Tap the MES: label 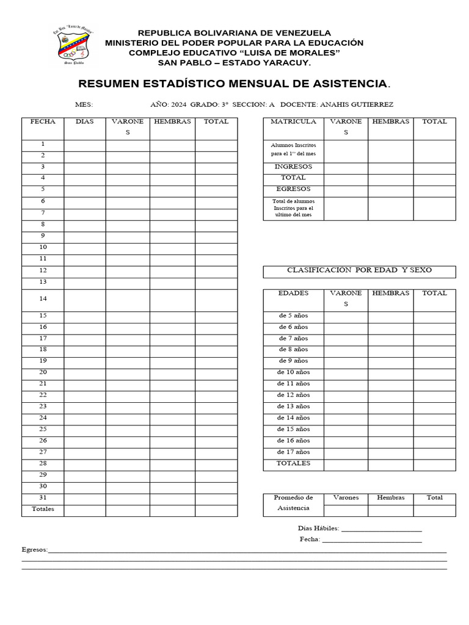coord(84,104)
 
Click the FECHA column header coord(43,121)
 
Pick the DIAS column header coord(85,121)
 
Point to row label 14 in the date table coord(43,298)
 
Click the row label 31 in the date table coord(43,498)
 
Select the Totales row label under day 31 coord(43,509)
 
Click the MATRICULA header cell coord(293,121)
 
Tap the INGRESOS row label coord(293,167)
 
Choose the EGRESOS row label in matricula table coord(293,189)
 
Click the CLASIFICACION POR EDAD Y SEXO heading coord(359,270)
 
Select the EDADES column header coord(293,294)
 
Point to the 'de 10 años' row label coord(293,372)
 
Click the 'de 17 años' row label coord(293,452)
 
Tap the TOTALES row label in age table coord(293,463)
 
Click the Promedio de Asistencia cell coord(293,503)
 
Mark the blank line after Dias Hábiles coord(381,529)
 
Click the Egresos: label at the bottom coord(34,550)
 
